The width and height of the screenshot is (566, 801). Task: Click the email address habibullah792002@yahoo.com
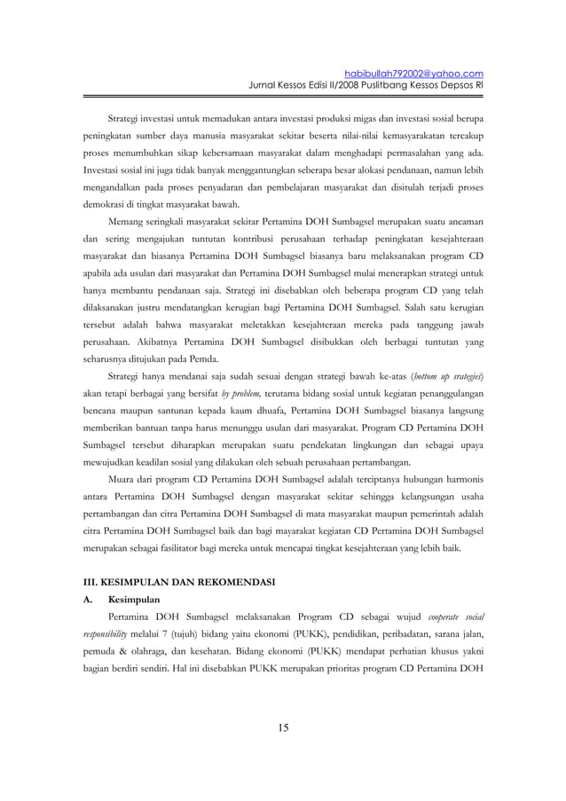(412, 73)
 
